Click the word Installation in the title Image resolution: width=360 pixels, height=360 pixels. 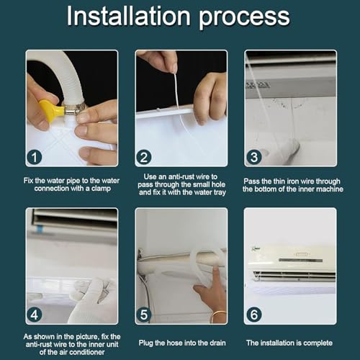128,16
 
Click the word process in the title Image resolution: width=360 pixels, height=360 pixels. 244,18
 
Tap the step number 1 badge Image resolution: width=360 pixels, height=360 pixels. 35,157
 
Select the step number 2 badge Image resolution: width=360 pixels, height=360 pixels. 144,157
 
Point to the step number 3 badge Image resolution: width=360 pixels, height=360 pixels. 254,157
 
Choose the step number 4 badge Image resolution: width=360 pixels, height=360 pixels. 35,315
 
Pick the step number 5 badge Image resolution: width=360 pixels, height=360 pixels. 144,315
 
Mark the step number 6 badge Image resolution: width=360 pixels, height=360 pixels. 254,315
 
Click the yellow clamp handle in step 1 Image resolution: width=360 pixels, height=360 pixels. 51,111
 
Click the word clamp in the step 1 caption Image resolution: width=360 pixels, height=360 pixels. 101,189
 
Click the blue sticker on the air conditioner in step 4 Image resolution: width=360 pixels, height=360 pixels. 39,229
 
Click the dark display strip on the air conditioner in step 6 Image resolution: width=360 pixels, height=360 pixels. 300,260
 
